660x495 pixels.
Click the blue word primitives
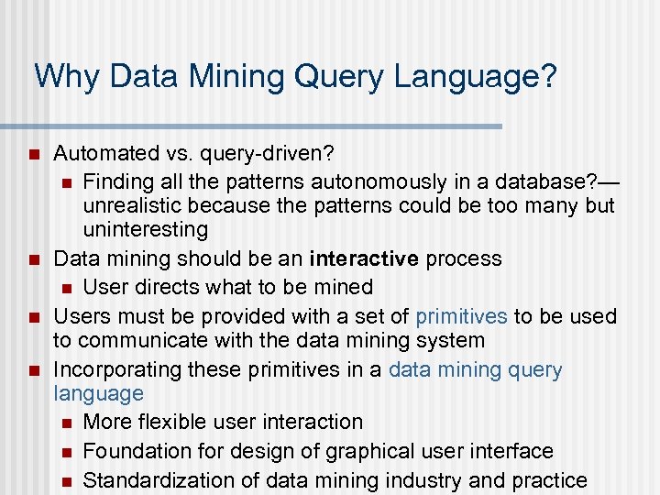[x=461, y=316]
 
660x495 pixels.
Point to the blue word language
[x=98, y=394]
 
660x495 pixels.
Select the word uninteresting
[x=146, y=229]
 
